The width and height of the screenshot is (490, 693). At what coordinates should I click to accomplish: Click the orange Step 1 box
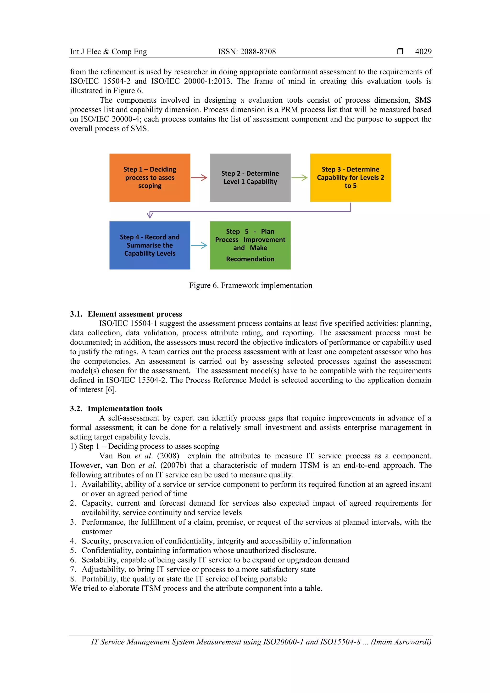pyautogui.click(x=150, y=177)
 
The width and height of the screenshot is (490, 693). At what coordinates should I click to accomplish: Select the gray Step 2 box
pyautogui.click(x=250, y=177)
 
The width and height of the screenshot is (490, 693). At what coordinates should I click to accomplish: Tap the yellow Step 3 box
pyautogui.click(x=350, y=177)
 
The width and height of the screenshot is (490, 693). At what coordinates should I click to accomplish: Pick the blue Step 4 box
pyautogui.click(x=150, y=245)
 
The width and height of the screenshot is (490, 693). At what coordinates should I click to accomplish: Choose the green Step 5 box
pyautogui.click(x=250, y=245)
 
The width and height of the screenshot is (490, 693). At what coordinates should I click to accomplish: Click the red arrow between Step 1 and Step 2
pyautogui.click(x=199, y=177)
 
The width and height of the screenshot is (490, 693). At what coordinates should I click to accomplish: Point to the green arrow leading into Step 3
pyautogui.click(x=300, y=177)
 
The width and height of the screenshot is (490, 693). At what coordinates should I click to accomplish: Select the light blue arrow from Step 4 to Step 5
pyautogui.click(x=199, y=245)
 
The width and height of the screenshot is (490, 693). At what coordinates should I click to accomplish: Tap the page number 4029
pyautogui.click(x=423, y=52)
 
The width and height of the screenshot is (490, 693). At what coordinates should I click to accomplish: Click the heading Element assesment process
pyautogui.click(x=135, y=314)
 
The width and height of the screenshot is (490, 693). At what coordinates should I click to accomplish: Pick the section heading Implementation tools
pyautogui.click(x=125, y=408)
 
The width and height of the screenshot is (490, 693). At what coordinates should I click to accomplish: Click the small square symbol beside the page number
pyautogui.click(x=400, y=51)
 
